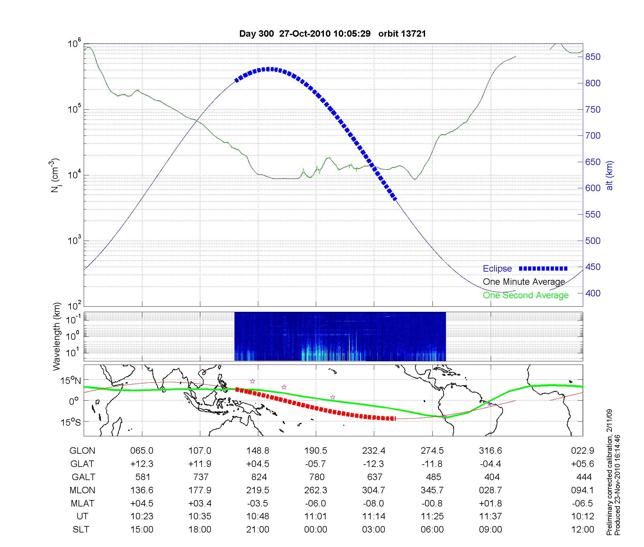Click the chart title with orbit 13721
click(x=332, y=34)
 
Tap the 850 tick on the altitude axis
click(x=593, y=57)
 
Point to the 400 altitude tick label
click(x=593, y=293)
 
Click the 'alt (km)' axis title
click(x=610, y=175)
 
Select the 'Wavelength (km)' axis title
click(x=57, y=336)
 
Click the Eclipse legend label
click(x=497, y=269)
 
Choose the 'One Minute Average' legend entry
click(x=524, y=282)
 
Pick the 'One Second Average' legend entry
click(x=526, y=295)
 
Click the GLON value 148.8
click(x=258, y=450)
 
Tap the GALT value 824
click(x=259, y=477)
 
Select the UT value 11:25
click(x=432, y=516)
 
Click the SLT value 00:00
click(x=316, y=530)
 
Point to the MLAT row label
click(x=82, y=503)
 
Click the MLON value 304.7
click(x=374, y=490)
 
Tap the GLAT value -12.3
click(x=374, y=464)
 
